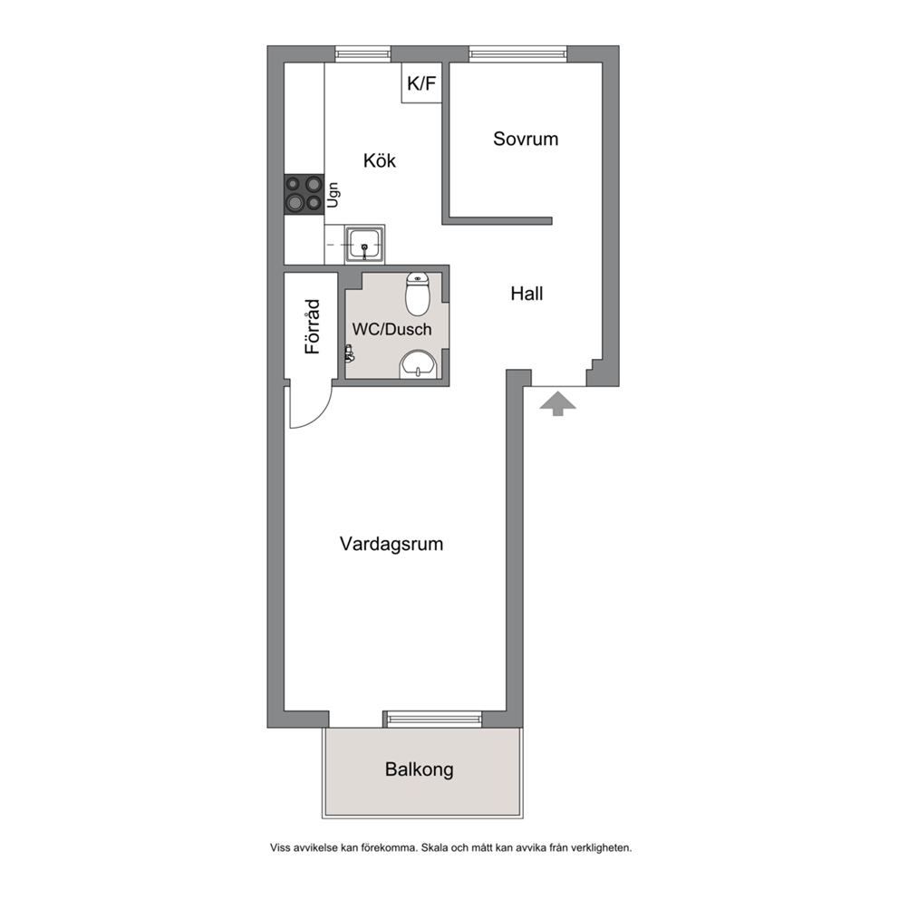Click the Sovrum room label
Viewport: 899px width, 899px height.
(x=526, y=139)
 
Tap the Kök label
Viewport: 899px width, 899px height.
(x=379, y=160)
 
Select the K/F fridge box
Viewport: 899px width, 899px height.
(x=421, y=83)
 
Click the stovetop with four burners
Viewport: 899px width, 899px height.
(x=304, y=194)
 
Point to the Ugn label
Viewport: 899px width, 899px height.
(x=333, y=195)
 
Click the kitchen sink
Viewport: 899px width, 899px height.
(x=364, y=245)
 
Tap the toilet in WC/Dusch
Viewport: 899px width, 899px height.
(x=418, y=295)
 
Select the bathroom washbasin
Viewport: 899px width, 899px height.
(x=418, y=364)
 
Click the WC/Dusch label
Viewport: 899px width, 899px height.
(x=391, y=329)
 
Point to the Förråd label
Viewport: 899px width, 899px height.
(x=313, y=326)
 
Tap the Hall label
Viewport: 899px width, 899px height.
(x=527, y=294)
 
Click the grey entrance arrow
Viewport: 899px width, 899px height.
(x=557, y=403)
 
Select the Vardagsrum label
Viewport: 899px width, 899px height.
(x=391, y=544)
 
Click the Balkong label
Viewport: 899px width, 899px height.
(x=419, y=769)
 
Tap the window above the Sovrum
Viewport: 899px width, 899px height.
(x=517, y=53)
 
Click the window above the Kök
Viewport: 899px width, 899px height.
(x=362, y=53)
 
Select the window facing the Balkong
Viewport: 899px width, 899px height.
(x=434, y=719)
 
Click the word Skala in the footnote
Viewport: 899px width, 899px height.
(x=435, y=847)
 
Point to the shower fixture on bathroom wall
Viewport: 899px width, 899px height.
(x=349, y=353)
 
